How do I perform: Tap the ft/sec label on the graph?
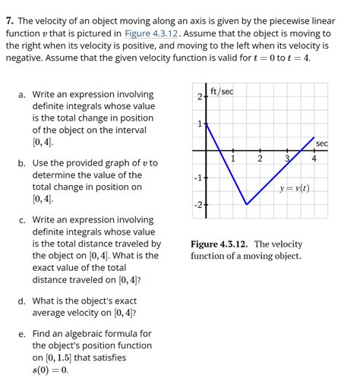[222, 92]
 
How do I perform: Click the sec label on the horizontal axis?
[322, 143]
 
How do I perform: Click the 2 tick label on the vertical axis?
[199, 98]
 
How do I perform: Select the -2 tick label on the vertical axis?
[197, 205]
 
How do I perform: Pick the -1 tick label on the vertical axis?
[197, 178]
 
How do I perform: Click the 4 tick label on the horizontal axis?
[314, 159]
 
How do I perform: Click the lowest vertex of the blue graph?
[246, 204]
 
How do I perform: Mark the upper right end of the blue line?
[314, 137]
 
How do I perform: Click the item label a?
[23, 95]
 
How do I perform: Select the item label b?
[23, 163]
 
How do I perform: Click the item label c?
[23, 220]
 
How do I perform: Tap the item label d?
[23, 300]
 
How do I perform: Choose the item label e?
[23, 334]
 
